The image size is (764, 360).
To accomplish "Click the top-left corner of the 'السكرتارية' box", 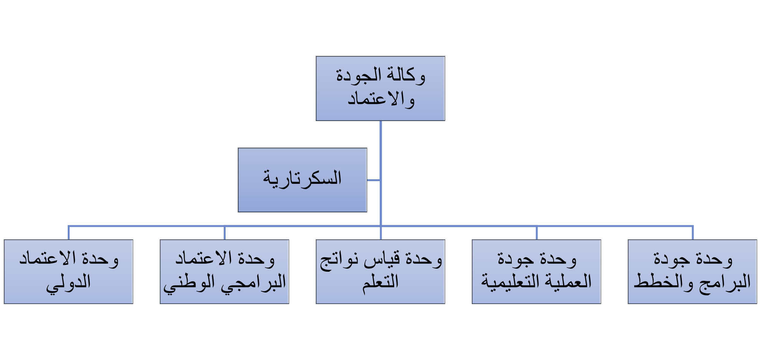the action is pyautogui.click(x=238, y=148).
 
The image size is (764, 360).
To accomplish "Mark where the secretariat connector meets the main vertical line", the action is pyautogui.click(x=380, y=180).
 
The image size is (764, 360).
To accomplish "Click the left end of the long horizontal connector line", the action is pyautogui.click(x=68, y=226).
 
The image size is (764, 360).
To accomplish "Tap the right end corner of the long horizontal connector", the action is pyautogui.click(x=693, y=226).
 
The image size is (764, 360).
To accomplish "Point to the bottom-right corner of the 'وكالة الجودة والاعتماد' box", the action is pyautogui.click(x=445, y=121).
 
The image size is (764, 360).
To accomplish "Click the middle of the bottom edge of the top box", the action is pyautogui.click(x=380, y=121).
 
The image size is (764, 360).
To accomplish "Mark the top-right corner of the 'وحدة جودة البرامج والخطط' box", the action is pyautogui.click(x=757, y=240).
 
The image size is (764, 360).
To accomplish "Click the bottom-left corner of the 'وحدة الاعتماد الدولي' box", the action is pyautogui.click(x=4, y=304).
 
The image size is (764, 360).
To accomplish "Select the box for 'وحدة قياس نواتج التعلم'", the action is pyautogui.click(x=380, y=272).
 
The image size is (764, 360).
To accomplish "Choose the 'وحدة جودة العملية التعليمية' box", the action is pyautogui.click(x=536, y=272).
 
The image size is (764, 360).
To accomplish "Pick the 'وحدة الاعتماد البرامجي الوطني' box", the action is pyautogui.click(x=224, y=272).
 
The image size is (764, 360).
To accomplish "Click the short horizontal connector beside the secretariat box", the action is pyautogui.click(x=374, y=180).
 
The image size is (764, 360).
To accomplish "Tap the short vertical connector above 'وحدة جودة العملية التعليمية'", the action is pyautogui.click(x=536, y=233).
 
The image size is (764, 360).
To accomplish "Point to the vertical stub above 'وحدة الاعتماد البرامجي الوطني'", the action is pyautogui.click(x=224, y=233).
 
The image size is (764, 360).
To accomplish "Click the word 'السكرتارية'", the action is pyautogui.click(x=302, y=178).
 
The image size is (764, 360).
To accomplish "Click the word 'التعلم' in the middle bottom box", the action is pyautogui.click(x=380, y=282).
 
